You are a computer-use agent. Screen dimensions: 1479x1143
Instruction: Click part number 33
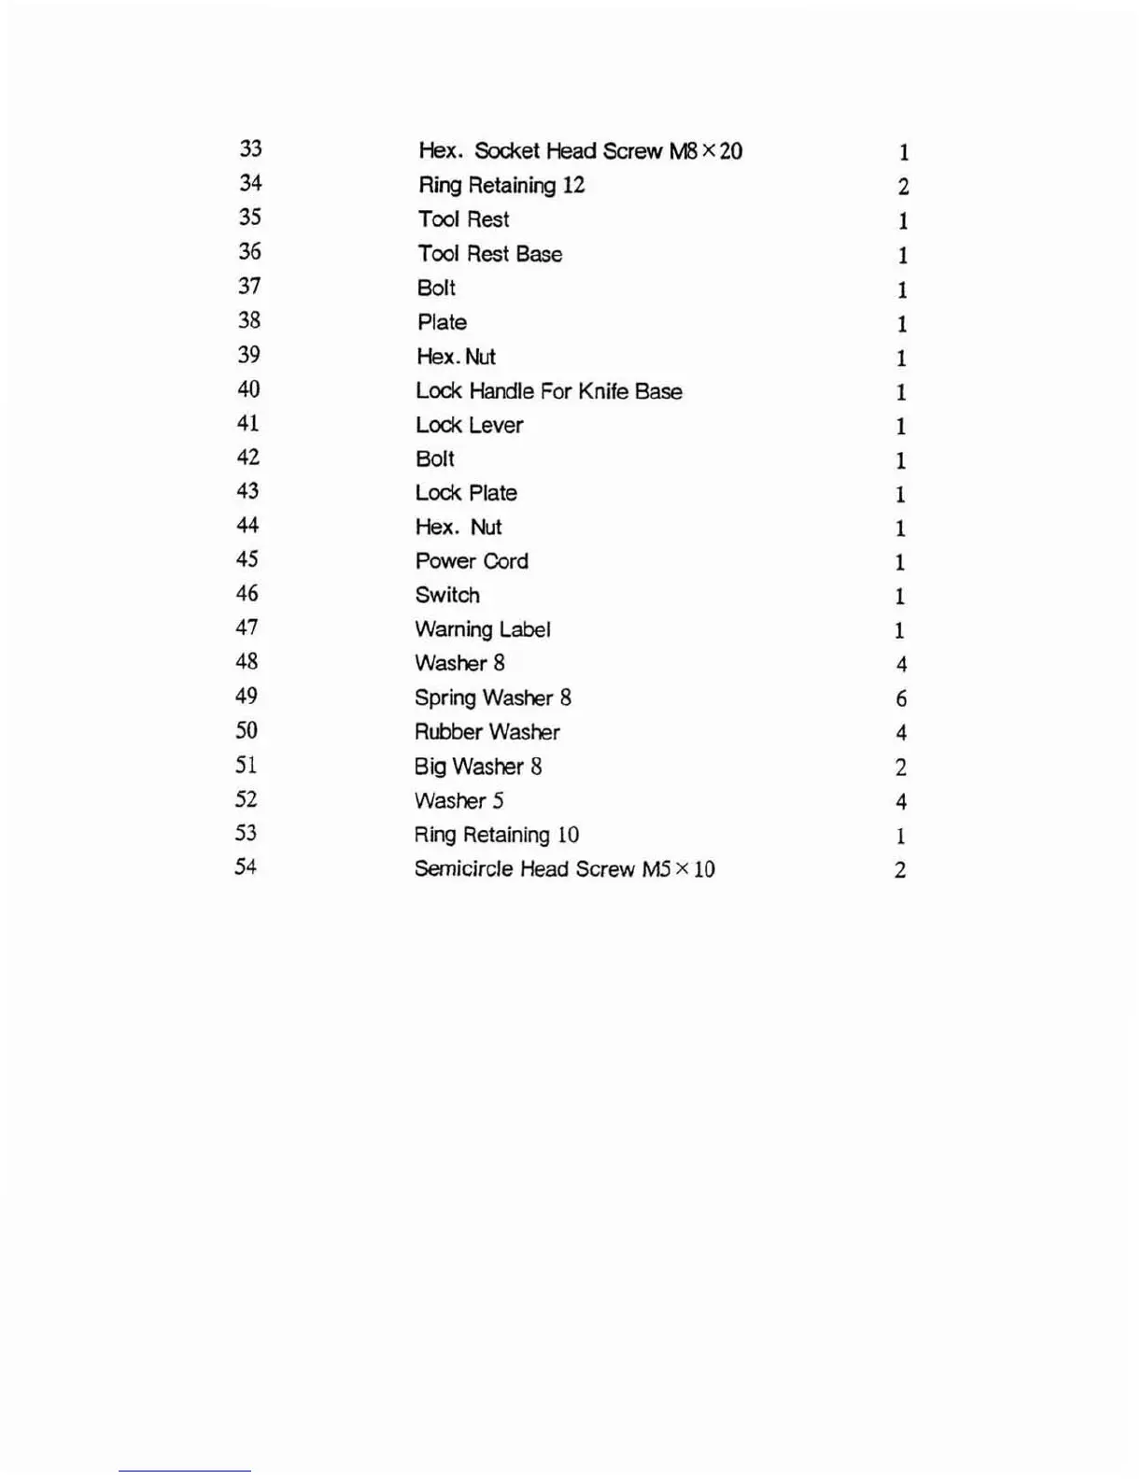click(250, 148)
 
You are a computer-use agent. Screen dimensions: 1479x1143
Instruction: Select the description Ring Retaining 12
click(501, 186)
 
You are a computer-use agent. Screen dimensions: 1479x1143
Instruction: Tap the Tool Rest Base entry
click(489, 254)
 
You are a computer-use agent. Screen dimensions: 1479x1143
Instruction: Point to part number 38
click(248, 320)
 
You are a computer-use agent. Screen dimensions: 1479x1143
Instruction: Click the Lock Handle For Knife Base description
click(548, 391)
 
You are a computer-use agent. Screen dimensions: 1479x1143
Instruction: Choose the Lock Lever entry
click(469, 426)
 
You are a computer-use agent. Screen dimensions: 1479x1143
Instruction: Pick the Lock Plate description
click(465, 493)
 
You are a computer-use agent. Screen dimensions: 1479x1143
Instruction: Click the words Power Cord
click(471, 561)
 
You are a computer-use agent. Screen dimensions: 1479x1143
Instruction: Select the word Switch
click(446, 596)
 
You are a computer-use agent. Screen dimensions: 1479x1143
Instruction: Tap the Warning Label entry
click(482, 630)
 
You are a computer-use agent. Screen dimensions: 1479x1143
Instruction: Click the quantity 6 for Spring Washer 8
click(900, 699)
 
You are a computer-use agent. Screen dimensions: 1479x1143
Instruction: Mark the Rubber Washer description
click(487, 732)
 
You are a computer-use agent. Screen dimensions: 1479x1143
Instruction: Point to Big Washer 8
click(477, 767)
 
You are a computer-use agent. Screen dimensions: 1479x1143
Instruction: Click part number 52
click(246, 799)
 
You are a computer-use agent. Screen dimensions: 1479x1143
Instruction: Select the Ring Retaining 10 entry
click(496, 835)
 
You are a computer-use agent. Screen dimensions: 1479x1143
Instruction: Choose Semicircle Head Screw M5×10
click(564, 869)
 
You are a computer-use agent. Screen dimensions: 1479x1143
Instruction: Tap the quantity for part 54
click(899, 870)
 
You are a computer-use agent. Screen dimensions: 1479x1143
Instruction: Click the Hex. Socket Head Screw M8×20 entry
click(580, 151)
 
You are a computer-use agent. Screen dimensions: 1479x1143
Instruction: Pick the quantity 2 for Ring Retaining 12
click(903, 187)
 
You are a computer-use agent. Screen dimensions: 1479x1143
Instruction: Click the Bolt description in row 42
click(434, 459)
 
